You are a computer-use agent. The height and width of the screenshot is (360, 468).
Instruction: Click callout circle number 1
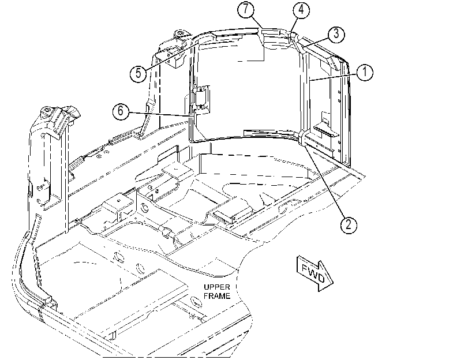365,73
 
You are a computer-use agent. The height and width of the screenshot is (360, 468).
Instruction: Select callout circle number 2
349,225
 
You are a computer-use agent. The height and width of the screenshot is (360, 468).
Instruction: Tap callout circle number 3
336,34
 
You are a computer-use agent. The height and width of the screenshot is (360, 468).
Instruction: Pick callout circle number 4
301,10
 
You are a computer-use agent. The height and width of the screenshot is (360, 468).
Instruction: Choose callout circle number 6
121,111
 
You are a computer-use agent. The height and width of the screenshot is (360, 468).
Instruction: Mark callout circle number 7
246,10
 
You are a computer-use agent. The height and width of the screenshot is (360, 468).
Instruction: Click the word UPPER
217,287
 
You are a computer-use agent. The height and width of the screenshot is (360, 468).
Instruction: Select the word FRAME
217,296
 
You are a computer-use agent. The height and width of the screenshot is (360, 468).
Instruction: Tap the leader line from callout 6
160,114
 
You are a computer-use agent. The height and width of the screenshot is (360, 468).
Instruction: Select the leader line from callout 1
333,77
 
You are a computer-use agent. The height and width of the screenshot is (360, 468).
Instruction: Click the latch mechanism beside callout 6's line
200,99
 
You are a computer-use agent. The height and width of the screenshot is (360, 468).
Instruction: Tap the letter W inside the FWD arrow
313,273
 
